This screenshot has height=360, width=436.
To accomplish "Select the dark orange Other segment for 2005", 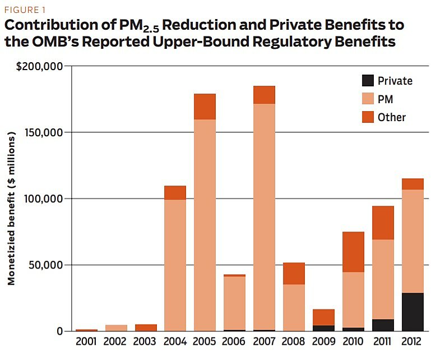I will click(205, 107).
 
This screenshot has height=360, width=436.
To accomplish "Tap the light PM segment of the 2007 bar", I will click(265, 213).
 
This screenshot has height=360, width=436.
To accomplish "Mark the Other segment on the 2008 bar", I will click(294, 274).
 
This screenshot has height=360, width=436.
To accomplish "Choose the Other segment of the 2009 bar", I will click(323, 317).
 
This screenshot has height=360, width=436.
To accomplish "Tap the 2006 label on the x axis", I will click(235, 341).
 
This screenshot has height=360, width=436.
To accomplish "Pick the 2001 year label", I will click(87, 341).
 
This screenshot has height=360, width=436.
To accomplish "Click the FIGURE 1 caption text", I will click(25, 10).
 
